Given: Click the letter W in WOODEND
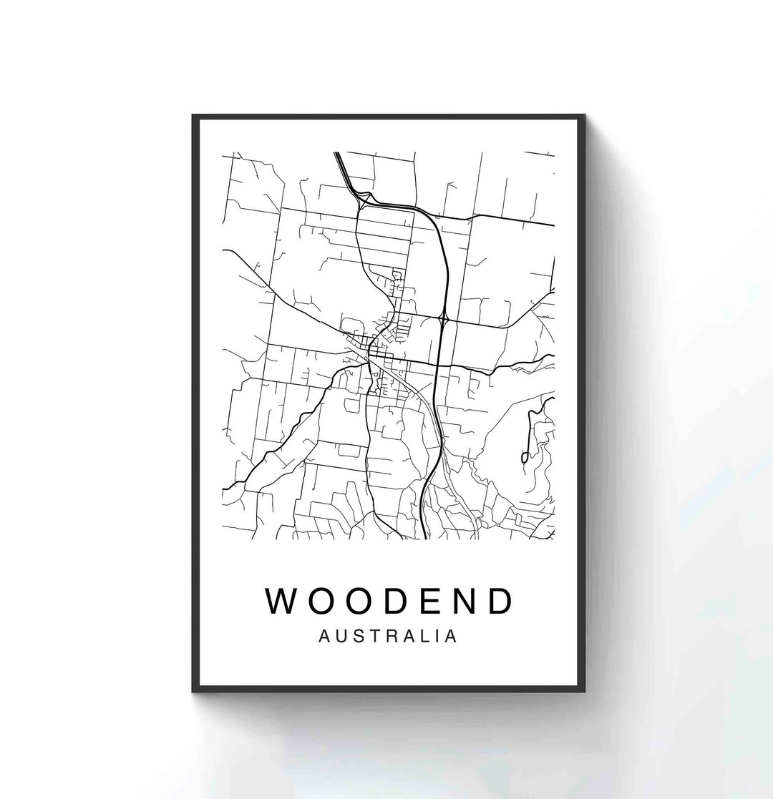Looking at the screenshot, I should coord(282,602).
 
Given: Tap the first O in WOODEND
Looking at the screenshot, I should coord(320,602).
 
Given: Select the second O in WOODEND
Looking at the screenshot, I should coord(358,602).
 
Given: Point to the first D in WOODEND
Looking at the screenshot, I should coord(394,602).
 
